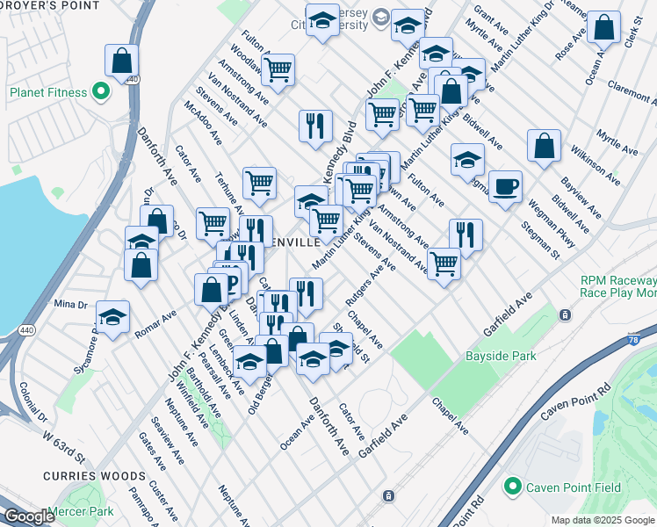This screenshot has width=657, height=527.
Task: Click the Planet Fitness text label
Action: click(x=48, y=92)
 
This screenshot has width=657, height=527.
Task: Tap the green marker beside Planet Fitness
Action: click(x=101, y=91)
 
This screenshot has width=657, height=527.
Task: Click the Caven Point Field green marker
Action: click(x=512, y=486)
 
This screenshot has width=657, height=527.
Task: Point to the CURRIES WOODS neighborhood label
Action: click(x=87, y=475)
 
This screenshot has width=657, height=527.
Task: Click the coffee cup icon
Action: click(x=505, y=186)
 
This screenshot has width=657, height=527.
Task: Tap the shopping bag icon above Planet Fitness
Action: click(x=121, y=61)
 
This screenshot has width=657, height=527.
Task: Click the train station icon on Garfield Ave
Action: click(x=566, y=314)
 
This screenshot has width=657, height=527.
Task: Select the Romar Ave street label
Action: click(x=156, y=321)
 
